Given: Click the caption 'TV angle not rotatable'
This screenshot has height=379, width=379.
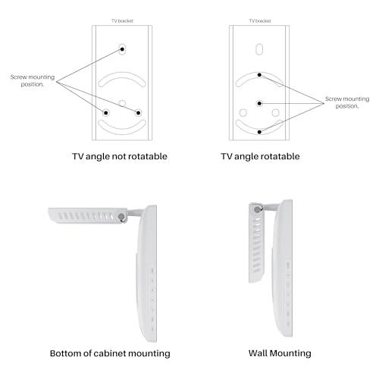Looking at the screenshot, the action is click(x=120, y=156).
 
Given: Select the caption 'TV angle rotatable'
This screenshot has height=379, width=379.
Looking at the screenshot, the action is click(x=260, y=156).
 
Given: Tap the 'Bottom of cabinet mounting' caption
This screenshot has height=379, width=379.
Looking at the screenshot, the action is click(x=110, y=353).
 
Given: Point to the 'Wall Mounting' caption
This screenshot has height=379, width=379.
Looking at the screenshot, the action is click(x=280, y=353).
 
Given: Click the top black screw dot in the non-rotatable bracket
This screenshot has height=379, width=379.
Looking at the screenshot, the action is click(x=122, y=49).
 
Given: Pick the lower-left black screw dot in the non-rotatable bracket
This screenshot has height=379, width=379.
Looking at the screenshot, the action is click(x=106, y=113).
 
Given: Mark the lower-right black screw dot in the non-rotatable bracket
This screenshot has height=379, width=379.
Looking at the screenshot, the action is click(x=138, y=113).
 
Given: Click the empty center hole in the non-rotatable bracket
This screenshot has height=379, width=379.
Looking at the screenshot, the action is click(x=122, y=103).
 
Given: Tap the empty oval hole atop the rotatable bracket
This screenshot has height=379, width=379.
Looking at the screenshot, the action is click(x=259, y=49).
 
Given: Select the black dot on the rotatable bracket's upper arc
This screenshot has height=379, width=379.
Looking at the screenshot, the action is click(x=259, y=75).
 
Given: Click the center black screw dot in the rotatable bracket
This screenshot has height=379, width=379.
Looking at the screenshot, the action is click(x=259, y=103).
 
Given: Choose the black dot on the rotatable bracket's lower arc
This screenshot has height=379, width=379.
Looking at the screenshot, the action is click(x=259, y=132).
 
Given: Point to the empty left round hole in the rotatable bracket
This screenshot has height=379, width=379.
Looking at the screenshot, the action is click(x=243, y=113).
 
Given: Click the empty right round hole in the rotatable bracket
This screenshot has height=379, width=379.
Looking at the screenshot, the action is click(x=275, y=113).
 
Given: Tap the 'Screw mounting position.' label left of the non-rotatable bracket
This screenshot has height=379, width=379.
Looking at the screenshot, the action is click(x=33, y=80).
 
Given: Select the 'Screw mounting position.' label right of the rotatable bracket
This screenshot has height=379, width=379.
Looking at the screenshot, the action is click(x=347, y=102).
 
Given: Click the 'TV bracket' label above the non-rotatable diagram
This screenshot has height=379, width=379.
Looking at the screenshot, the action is click(x=122, y=20).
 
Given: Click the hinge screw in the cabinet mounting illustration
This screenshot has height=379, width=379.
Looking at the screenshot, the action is click(x=122, y=217).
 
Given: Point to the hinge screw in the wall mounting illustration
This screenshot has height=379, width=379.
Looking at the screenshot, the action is click(x=257, y=209).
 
